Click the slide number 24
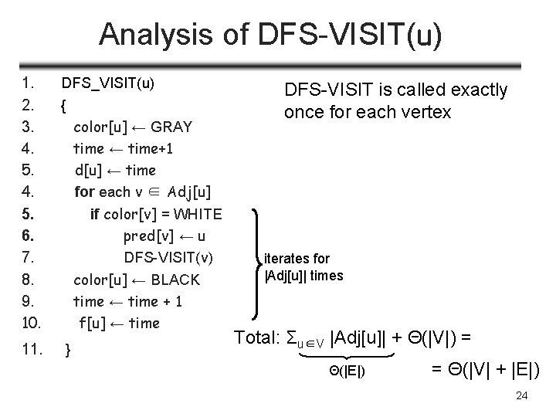[521, 396]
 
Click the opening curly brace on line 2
[63, 104]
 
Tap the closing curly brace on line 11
[69, 350]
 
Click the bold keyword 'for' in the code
[84, 192]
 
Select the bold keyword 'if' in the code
[95, 214]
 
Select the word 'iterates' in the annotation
[286, 259]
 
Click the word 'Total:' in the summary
[257, 337]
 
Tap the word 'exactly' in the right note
[478, 90]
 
